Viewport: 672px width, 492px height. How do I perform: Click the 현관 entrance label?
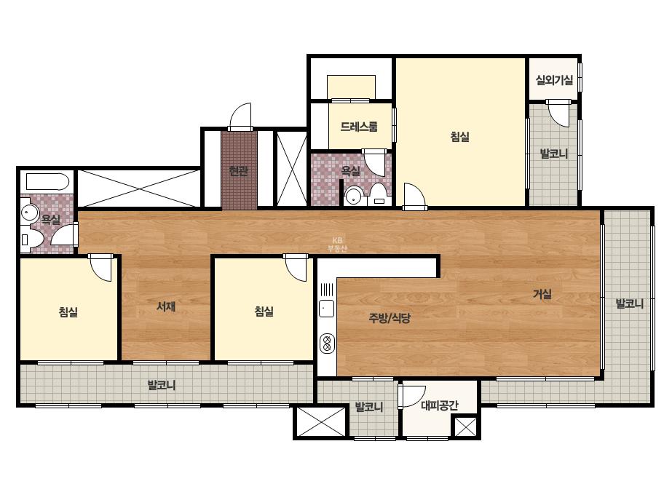(238, 172)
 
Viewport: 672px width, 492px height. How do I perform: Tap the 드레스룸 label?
(359, 127)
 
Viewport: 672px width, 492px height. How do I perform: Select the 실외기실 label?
(554, 80)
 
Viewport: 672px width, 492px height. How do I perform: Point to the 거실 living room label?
(542, 294)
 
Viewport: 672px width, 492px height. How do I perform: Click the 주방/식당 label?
(390, 317)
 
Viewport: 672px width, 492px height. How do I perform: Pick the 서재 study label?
(166, 306)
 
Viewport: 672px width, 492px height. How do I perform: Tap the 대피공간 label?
(440, 405)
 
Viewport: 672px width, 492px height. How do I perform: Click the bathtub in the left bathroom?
(47, 182)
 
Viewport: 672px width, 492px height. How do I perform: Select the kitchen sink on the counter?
(327, 308)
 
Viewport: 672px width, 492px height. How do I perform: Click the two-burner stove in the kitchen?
(327, 344)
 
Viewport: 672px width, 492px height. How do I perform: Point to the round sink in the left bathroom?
(30, 212)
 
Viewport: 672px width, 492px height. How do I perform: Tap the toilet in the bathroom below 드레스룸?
(379, 196)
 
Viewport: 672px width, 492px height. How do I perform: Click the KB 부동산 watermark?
(337, 245)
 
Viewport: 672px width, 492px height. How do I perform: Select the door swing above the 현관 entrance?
(240, 115)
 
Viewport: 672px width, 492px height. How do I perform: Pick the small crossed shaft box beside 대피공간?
(465, 426)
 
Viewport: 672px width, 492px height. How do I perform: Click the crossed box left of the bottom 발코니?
(321, 421)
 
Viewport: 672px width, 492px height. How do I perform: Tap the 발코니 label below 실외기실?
(554, 154)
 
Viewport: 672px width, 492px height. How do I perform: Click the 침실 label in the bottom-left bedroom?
(68, 312)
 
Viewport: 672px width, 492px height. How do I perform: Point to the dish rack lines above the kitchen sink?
(327, 290)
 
